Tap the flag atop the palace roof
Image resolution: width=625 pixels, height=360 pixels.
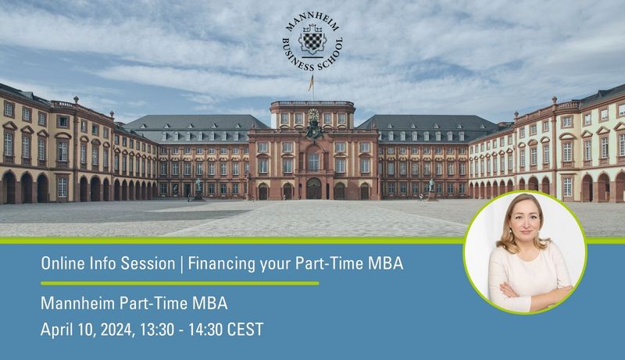coord(311,84)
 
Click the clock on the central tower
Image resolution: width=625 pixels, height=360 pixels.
coord(313,115)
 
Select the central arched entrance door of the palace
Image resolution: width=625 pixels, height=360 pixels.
coord(314,189)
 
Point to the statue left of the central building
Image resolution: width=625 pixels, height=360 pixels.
coord(198,188)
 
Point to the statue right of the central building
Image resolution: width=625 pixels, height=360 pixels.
coord(431,188)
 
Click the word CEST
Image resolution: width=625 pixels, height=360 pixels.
coord(245,330)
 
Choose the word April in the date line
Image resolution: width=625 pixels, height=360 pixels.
coord(55,330)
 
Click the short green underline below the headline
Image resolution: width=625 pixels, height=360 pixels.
coord(180,283)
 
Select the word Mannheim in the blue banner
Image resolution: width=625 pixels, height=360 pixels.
coord(78,304)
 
